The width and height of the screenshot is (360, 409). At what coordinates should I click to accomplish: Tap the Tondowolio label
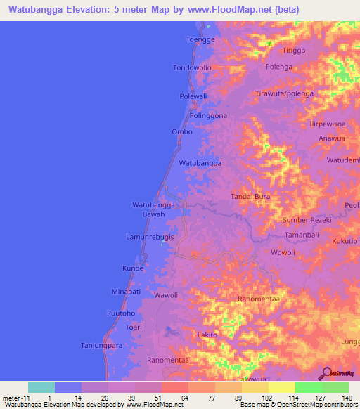pos(192,68)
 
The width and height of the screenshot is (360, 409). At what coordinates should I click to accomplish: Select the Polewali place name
pos(194,96)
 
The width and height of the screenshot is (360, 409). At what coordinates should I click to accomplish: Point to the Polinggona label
pos(208,115)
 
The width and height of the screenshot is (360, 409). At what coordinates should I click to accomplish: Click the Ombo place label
pos(182,131)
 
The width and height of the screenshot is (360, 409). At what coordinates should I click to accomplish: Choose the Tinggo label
pos(295,51)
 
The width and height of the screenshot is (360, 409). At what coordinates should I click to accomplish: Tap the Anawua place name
pos(330,138)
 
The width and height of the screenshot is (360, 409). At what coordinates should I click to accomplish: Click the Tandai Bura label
pos(251,197)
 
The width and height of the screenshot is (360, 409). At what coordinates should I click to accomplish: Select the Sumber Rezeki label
pos(306,220)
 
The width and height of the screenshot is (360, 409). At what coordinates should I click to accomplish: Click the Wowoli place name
pos(283,252)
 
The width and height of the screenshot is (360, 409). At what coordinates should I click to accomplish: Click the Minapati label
pos(127,291)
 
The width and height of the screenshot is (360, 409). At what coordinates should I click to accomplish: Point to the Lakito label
pos(207,335)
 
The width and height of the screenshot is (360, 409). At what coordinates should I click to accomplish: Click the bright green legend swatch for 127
pos(308,387)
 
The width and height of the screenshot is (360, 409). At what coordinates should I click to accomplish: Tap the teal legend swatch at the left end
pos(41,387)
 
